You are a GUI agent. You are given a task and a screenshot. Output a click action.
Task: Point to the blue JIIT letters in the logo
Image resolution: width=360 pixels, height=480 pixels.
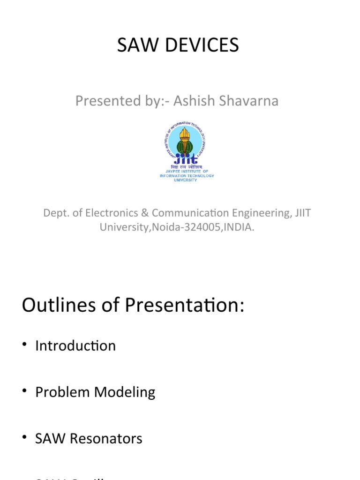click(x=187, y=159)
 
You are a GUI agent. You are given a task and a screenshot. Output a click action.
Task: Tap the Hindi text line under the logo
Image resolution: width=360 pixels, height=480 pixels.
click(x=187, y=167)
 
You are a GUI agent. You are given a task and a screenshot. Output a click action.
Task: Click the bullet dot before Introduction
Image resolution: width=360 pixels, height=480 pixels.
click(x=25, y=346)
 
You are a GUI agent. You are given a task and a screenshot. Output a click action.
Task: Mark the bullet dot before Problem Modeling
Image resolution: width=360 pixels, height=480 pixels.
click(x=25, y=392)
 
